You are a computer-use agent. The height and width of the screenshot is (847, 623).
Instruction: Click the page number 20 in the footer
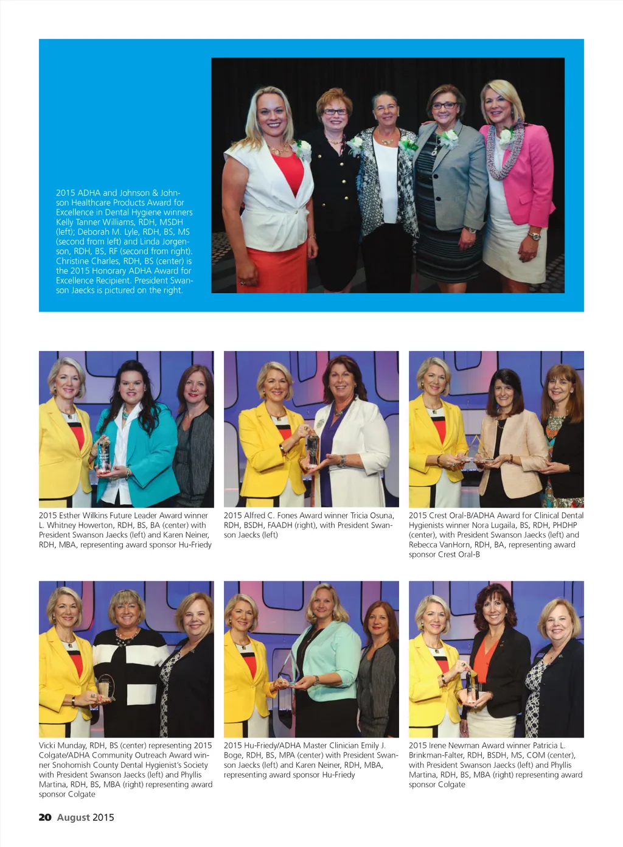pyautogui.click(x=45, y=817)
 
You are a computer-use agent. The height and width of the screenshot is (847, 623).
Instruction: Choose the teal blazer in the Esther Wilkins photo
pyautogui.click(x=152, y=450)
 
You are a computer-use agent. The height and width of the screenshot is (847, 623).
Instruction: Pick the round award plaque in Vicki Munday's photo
pyautogui.click(x=105, y=687)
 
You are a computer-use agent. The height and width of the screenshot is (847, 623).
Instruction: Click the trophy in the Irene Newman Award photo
pyautogui.click(x=472, y=688)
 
